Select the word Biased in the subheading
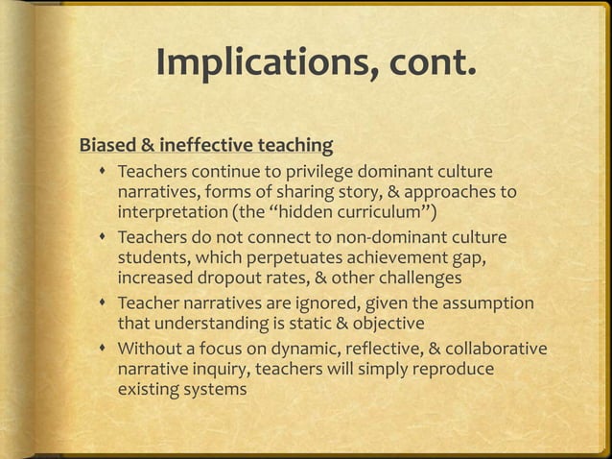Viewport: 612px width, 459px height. point(108,147)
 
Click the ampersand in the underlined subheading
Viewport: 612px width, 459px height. point(149,147)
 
